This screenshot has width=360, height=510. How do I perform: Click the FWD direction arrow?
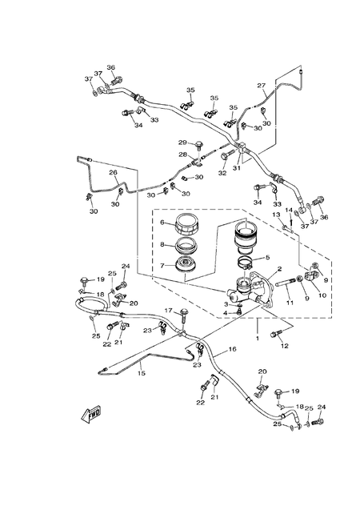coord(89,414)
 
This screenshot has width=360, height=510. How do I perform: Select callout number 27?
coord(261,86)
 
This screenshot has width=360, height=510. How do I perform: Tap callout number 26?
coord(113,172)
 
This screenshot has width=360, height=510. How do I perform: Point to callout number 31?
coord(236,167)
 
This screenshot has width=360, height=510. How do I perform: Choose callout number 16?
coord(233,350)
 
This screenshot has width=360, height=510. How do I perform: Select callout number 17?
coord(168,311)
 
